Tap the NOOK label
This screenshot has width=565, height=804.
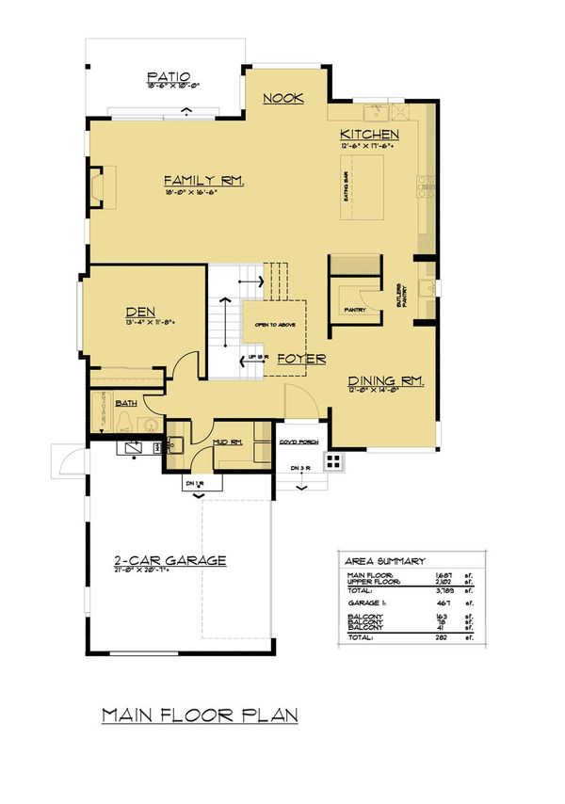point(282,98)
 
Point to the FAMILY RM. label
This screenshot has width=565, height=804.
point(203,180)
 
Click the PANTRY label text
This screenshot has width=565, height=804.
point(354,308)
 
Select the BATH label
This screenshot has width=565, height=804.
point(126,403)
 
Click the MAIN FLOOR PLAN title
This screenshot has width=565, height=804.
point(200,715)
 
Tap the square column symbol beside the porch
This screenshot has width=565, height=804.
point(332,460)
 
